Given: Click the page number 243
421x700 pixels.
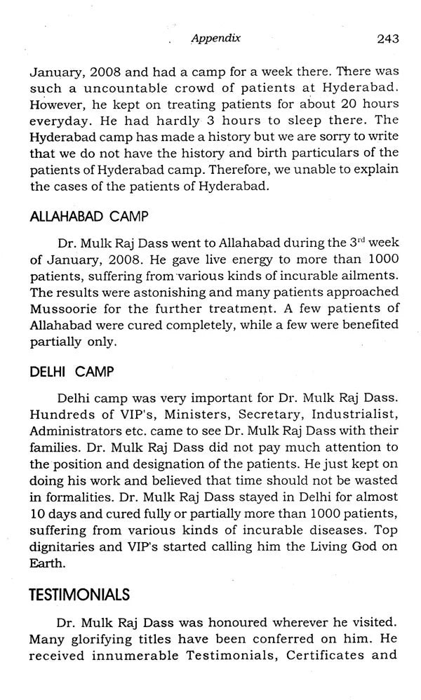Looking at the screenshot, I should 387,39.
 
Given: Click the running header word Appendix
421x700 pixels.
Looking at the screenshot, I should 215,39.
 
